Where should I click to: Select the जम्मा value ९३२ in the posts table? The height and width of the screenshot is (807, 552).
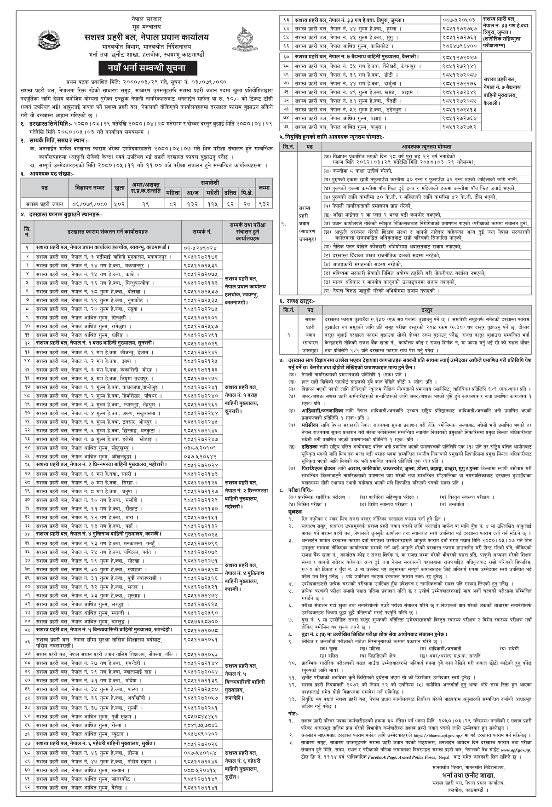pyautogui.click(x=264, y=203)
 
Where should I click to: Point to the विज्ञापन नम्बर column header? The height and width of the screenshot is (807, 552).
pyautogui.click(x=89, y=188)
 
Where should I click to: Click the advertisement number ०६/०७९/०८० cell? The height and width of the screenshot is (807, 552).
pyautogui.click(x=89, y=203)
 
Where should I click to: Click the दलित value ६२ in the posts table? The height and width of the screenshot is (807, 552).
pyautogui.click(x=230, y=203)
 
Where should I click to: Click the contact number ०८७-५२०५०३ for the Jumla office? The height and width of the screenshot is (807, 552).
pyautogui.click(x=458, y=20)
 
